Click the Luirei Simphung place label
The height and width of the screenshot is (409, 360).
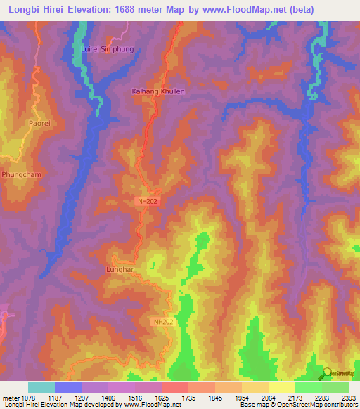pos(108,50)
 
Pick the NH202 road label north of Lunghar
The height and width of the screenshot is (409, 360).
pos(147,201)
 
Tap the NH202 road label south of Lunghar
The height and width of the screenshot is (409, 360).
pos(162,322)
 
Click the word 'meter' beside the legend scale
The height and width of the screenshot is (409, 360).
pos(13,397)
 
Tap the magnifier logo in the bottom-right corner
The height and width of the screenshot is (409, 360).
pos(328,373)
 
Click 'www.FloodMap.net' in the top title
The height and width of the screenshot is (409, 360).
pos(241,9)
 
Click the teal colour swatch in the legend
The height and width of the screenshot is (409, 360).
pos(41,387)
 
